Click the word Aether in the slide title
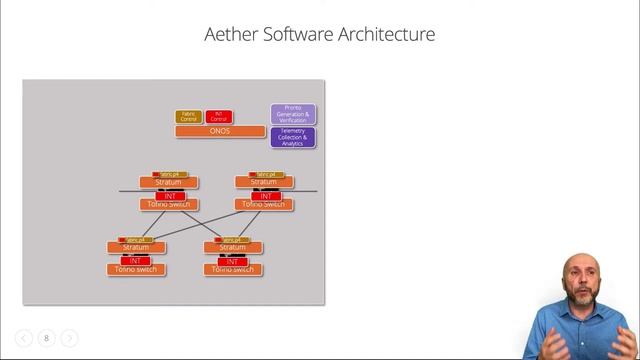point(229,35)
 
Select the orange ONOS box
point(220,131)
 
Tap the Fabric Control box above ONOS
point(188,117)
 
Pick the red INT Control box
point(219,117)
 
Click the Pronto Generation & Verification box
point(293,114)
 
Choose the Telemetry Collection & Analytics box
point(293,138)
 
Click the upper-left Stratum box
point(168,182)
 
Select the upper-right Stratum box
point(264,182)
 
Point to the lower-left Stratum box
point(136,247)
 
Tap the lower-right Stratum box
point(232,247)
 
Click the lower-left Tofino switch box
point(136,269)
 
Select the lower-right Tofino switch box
point(232,269)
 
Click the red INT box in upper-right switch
point(264,195)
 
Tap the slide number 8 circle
point(46,338)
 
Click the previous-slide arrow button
point(24,338)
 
